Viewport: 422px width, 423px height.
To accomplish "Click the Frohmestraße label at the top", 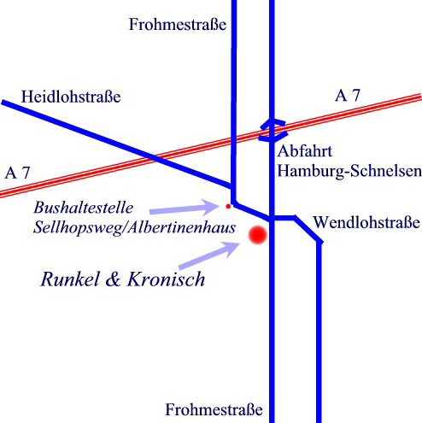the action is (178, 24).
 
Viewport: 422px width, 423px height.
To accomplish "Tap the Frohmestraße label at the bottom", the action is (214, 409).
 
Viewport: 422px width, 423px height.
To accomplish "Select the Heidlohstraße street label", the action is (71, 97).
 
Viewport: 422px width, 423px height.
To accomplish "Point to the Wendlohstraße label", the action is (366, 222).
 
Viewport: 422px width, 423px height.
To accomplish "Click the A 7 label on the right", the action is (348, 96).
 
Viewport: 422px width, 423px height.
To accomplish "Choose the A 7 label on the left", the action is (17, 173).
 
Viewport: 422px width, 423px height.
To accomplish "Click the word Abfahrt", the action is (305, 151).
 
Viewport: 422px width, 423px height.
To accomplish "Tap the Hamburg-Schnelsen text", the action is (349, 172).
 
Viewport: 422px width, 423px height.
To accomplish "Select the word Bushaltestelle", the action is (84, 208).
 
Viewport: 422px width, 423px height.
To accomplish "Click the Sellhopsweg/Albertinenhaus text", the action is (134, 228).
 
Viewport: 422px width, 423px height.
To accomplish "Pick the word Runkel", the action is (70, 279).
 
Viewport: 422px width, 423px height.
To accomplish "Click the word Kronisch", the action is (166, 279).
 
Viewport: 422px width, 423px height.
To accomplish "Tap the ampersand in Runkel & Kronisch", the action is (113, 279).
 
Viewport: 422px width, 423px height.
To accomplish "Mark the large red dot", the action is (258, 235).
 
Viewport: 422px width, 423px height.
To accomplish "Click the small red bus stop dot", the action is (228, 206).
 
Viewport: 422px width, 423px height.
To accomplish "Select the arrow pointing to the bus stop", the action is (184, 208).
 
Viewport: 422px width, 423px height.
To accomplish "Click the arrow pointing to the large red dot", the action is (209, 256).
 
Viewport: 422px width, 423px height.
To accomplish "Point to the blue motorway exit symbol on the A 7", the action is (273, 131).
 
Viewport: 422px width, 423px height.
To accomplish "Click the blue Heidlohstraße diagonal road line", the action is (117, 144).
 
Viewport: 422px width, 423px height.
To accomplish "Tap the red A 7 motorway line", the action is (211, 145).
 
